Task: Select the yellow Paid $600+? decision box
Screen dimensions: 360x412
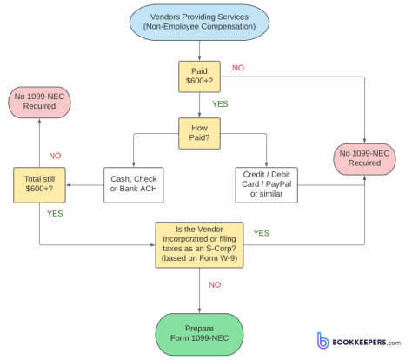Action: tap(199, 76)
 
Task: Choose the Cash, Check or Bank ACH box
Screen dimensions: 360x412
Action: tap(133, 184)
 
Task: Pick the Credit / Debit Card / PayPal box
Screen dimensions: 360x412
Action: tap(266, 184)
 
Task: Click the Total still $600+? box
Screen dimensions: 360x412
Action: tap(39, 184)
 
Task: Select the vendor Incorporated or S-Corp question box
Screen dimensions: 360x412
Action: tap(199, 243)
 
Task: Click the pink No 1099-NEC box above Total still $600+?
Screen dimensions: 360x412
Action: tap(39, 102)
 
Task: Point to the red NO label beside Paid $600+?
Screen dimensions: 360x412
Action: tap(237, 67)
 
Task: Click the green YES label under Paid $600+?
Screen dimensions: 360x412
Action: tap(219, 103)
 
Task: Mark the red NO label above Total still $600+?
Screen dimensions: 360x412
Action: tap(55, 156)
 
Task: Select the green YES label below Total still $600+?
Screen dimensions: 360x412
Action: tap(54, 213)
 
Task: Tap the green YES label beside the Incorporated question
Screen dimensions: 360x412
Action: tap(261, 233)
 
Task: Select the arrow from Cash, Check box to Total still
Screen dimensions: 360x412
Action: tap(84, 184)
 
